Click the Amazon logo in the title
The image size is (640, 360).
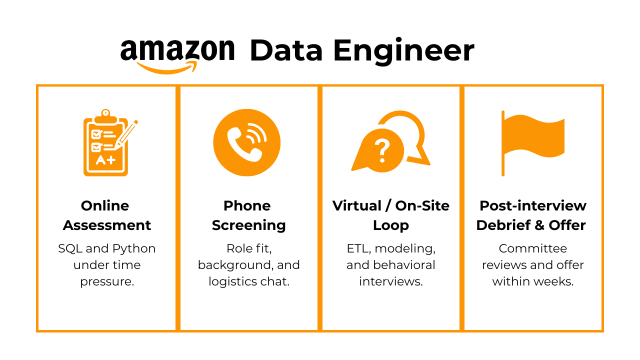[x=177, y=54]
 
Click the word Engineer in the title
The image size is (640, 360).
[x=403, y=51]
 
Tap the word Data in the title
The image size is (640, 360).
[x=286, y=51]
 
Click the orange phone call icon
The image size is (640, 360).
[x=246, y=142]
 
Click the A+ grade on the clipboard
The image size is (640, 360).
[x=105, y=160]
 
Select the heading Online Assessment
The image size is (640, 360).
[x=106, y=215]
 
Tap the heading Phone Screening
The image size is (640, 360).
[x=248, y=215]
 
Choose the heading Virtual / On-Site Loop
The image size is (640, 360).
[x=390, y=215]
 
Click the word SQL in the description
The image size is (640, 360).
[x=70, y=248]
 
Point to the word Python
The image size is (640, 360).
[x=133, y=249]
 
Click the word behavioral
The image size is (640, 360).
[x=404, y=265]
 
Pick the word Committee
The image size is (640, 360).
[x=532, y=248]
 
